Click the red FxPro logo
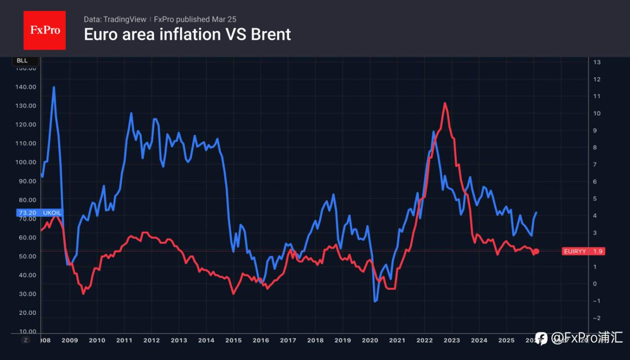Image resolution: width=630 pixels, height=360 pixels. click(44, 30)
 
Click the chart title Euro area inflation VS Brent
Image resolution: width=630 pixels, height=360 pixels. click(187, 34)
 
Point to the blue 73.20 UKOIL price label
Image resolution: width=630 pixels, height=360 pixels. click(40, 212)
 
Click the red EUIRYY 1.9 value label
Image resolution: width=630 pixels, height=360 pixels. click(583, 251)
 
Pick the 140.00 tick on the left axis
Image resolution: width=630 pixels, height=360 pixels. click(26, 87)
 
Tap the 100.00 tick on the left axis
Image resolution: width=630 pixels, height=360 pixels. click(26, 162)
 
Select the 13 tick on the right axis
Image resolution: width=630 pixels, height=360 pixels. click(597, 62)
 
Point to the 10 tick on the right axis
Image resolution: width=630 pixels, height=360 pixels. click(597, 113)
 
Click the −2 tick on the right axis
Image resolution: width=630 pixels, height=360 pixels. click(596, 318)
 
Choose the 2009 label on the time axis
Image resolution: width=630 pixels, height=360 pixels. click(69, 340)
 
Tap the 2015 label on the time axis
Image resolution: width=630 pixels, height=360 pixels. click(233, 340)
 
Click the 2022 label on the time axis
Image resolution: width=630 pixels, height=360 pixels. click(424, 340)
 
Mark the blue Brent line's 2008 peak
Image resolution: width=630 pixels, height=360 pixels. click(54, 88)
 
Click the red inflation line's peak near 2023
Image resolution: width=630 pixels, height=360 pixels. click(444, 103)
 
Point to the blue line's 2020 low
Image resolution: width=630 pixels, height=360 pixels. click(376, 301)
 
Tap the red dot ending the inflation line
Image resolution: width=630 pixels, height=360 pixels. click(536, 251)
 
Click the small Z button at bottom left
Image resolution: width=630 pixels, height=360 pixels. click(26, 339)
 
